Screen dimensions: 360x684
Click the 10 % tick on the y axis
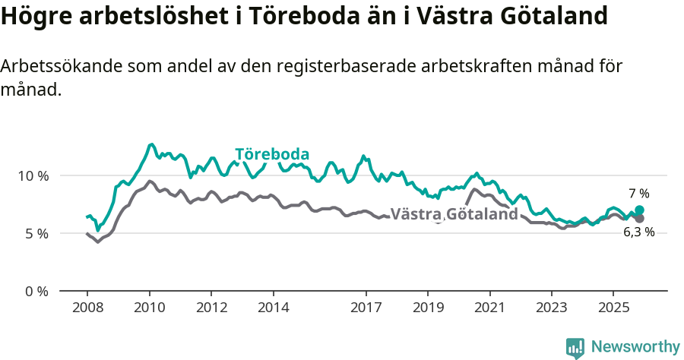coord(33,175)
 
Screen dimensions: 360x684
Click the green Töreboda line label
coord(272,154)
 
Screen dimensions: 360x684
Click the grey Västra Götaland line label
coord(454,214)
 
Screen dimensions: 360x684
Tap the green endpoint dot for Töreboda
coord(639,210)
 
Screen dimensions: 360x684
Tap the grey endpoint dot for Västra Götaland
coord(639,219)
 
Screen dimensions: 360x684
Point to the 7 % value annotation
coord(638,194)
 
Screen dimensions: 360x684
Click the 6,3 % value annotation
coord(638,232)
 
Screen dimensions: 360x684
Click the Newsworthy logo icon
coord(575,348)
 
